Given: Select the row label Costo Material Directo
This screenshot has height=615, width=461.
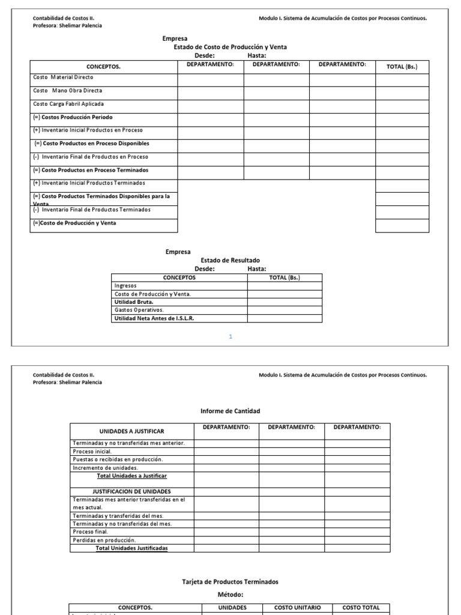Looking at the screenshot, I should click(63, 77).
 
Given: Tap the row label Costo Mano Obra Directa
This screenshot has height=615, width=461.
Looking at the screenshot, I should click(67, 91).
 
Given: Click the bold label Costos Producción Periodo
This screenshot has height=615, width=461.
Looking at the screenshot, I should click(73, 117).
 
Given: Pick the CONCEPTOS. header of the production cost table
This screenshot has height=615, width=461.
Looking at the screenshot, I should click(103, 67).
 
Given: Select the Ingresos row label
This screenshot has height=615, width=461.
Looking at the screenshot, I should click(125, 286).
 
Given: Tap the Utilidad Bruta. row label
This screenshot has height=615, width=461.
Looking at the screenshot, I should click(134, 302).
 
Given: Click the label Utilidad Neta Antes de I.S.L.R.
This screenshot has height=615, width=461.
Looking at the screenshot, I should click(154, 318).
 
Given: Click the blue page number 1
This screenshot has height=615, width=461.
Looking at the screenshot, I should click(230, 337).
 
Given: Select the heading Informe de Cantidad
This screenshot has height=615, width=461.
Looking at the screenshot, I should click(230, 411).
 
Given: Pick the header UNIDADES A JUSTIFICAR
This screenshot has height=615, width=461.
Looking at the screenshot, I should click(131, 431).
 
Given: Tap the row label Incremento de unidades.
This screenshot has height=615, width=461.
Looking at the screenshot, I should click(105, 467).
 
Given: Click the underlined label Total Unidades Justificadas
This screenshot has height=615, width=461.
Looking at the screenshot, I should click(132, 548).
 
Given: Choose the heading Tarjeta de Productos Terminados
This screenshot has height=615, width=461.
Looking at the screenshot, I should click(230, 581).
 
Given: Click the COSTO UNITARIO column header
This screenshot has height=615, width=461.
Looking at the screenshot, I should click(298, 607).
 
